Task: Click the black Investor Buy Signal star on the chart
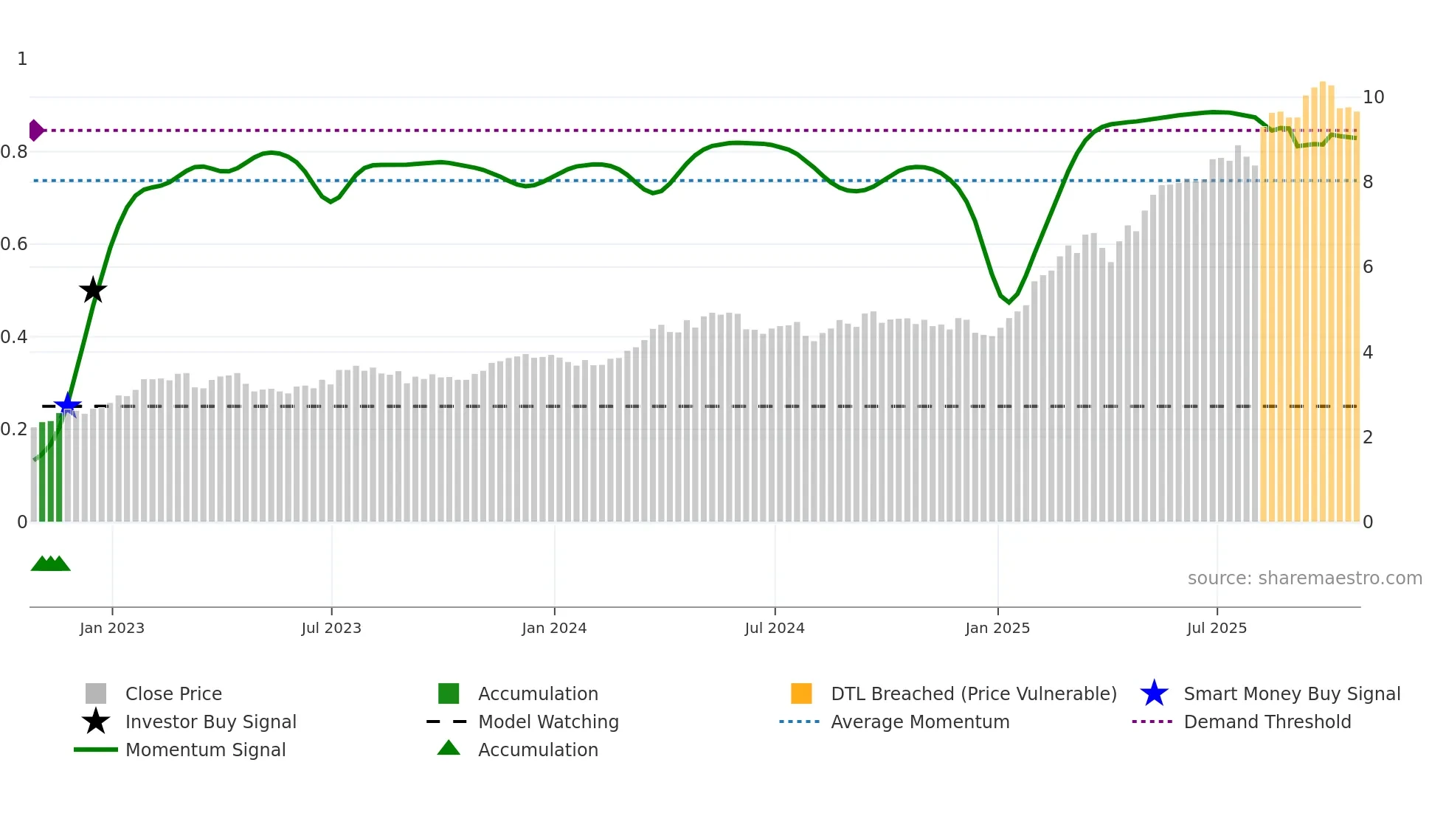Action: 93,290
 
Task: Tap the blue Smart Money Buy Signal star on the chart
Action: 68,405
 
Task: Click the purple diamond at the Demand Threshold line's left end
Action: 35,131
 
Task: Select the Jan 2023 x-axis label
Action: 112,628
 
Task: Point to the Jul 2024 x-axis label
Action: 775,628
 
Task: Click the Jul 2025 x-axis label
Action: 1217,628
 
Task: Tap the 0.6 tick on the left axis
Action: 15,244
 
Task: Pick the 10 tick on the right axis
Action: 1373,97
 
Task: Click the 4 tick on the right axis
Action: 1368,353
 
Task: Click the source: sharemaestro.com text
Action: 1304,578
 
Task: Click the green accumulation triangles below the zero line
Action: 50,564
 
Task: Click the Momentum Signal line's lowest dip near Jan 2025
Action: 1009,302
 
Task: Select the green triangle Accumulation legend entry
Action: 538,750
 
